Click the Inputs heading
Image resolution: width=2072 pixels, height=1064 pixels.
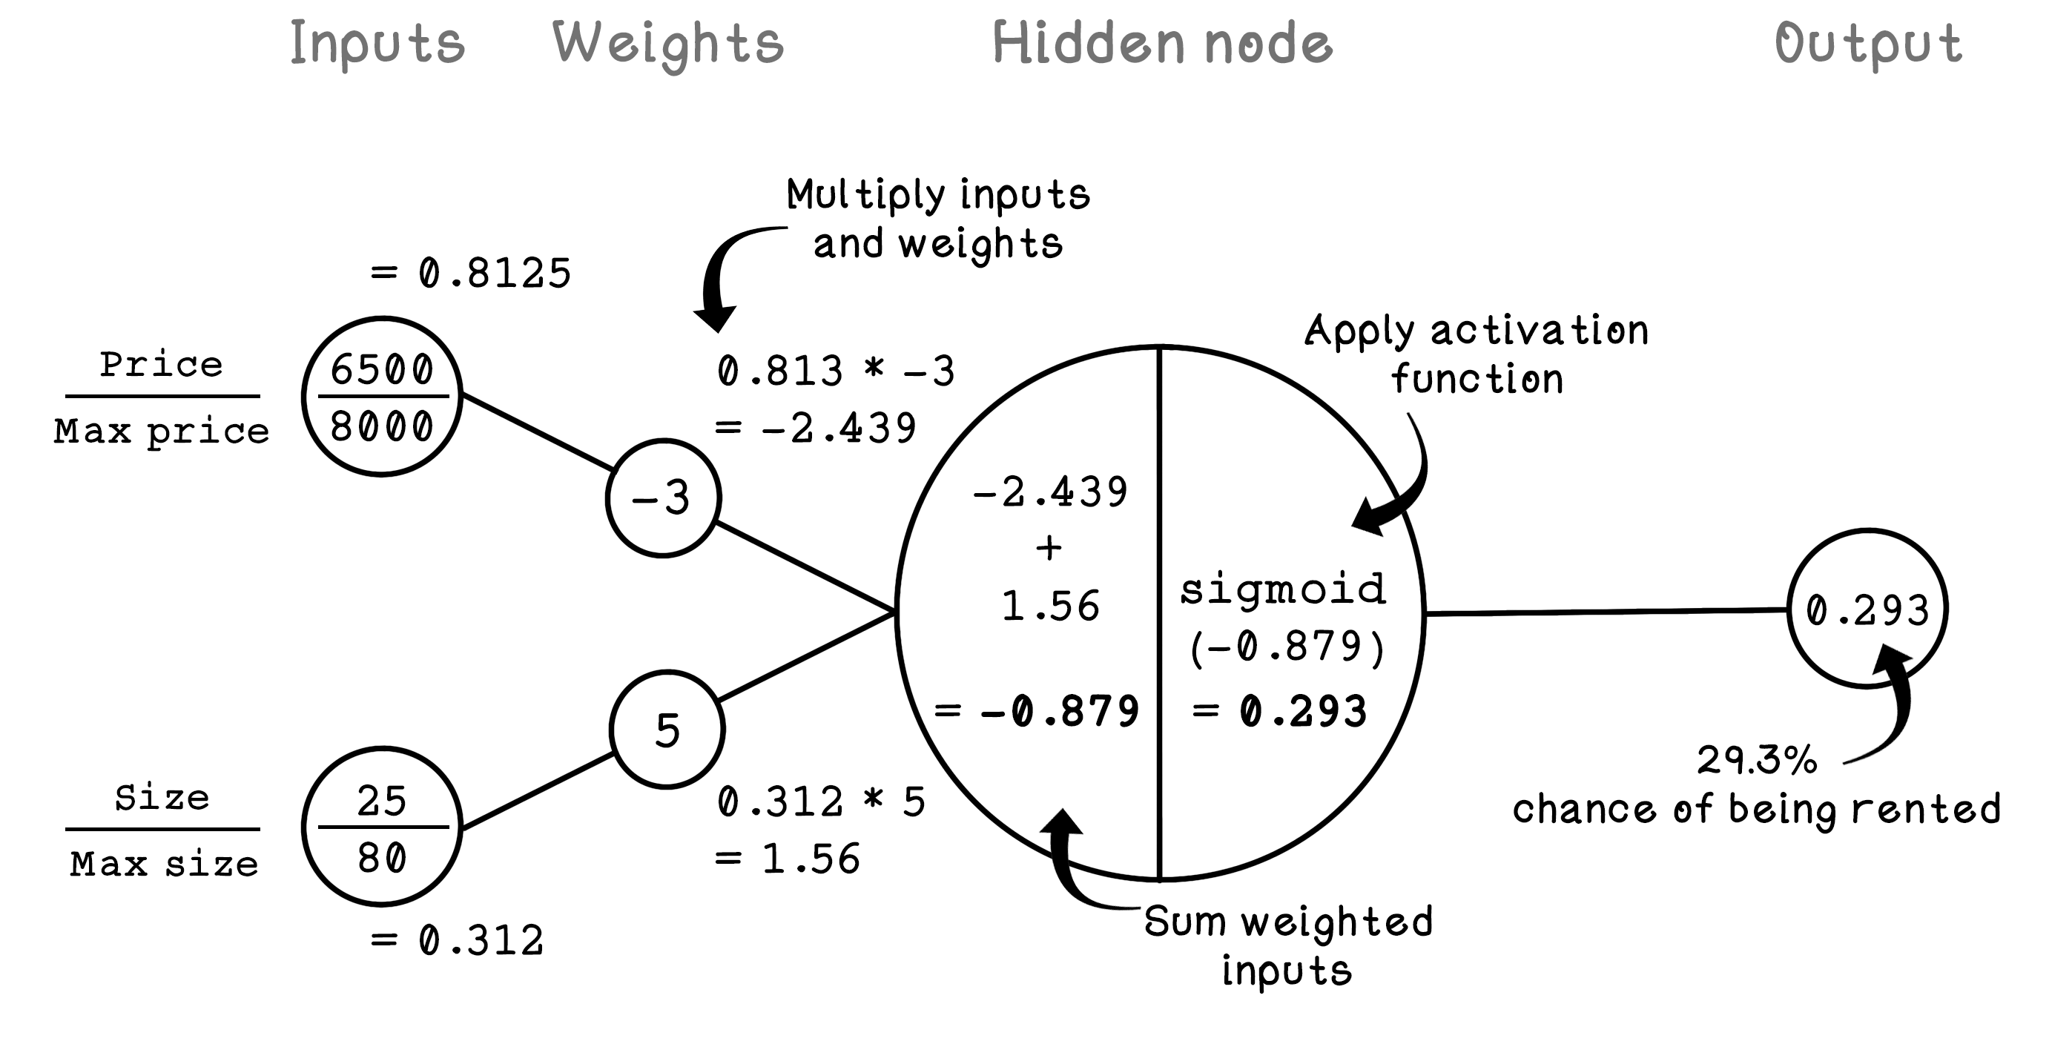[377, 44]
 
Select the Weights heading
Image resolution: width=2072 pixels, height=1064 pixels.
[667, 44]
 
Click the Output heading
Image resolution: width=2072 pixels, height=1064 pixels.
[1868, 44]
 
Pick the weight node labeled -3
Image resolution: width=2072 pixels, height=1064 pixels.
[663, 498]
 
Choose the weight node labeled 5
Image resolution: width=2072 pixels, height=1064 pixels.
[667, 730]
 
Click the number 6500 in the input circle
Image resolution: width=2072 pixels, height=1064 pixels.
[382, 370]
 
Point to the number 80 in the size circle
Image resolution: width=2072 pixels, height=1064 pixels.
[382, 857]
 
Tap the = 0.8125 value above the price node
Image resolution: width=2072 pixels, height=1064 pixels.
[472, 274]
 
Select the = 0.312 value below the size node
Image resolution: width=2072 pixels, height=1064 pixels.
[458, 941]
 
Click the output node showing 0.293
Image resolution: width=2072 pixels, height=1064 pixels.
[1867, 609]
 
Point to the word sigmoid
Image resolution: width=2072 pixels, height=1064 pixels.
[1283, 589]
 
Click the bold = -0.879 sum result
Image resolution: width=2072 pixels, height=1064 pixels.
[1037, 711]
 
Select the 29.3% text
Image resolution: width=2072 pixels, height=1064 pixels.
[1757, 760]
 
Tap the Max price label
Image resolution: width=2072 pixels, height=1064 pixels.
[162, 432]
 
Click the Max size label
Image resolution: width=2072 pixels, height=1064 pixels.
[164, 865]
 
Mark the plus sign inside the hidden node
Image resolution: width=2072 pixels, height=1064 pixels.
[1049, 548]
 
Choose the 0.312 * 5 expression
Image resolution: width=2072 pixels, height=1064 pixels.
[821, 802]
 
